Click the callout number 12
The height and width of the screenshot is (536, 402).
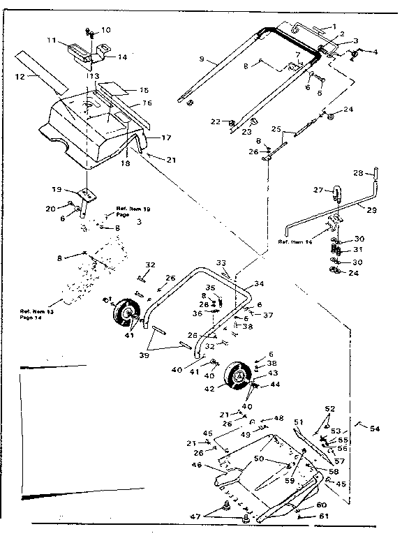point(21,77)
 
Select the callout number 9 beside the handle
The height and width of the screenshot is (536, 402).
point(201,60)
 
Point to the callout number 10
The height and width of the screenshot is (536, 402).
point(106,30)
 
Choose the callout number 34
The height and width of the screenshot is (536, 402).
point(259,284)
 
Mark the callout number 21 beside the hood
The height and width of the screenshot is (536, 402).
point(171,160)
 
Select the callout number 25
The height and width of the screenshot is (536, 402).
point(275,129)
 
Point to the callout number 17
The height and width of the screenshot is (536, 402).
point(166,137)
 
